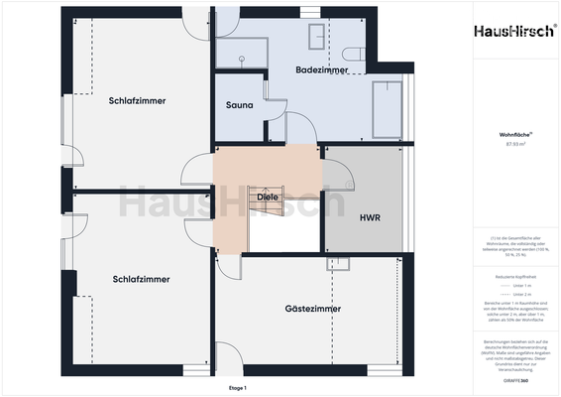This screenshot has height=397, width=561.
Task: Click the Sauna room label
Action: [x=239, y=105]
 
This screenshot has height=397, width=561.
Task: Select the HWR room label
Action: [x=371, y=215]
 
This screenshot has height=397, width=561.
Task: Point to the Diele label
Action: [x=268, y=198]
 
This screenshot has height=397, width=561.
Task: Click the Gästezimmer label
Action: [x=313, y=309]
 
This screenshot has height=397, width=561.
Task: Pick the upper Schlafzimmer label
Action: [x=138, y=101]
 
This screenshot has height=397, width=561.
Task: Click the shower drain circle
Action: [x=241, y=58]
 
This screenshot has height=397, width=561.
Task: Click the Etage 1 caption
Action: [x=236, y=387]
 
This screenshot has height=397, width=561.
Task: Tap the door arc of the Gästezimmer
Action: [x=229, y=266]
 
